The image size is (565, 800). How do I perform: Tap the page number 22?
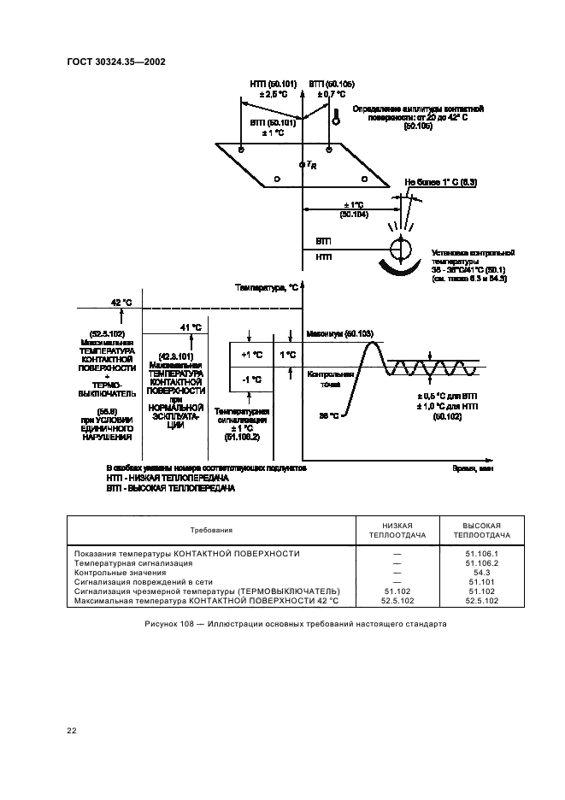coord(72,729)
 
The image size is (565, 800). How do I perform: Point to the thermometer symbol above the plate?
coord(336,119)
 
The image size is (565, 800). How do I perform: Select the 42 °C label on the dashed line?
coord(121,302)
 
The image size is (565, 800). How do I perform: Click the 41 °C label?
coord(191,326)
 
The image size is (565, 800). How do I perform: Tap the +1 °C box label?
coord(252,354)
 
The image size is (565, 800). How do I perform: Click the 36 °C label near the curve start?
coord(329,415)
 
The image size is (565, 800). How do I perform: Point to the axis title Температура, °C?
coord(266,289)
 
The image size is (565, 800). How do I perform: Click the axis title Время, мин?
coord(472,468)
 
